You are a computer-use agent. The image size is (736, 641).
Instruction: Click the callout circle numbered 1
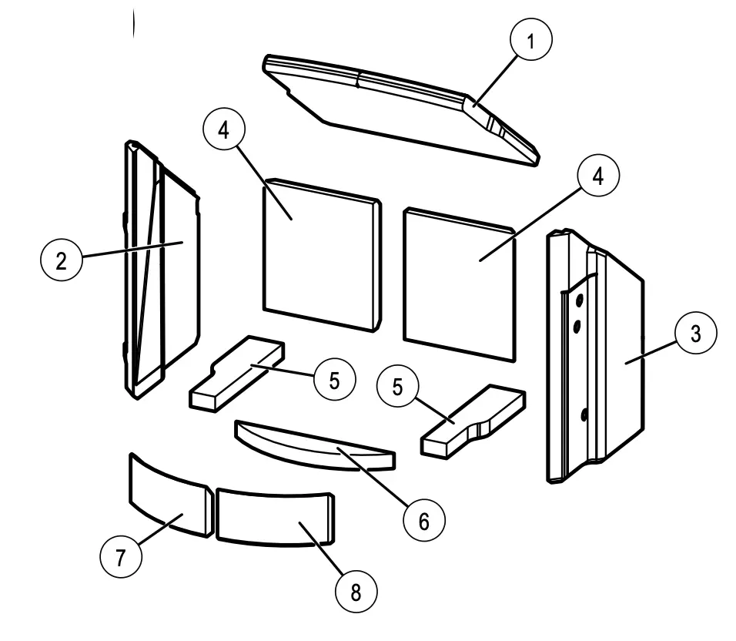[x=530, y=41]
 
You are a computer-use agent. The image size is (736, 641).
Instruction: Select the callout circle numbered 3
[x=694, y=334]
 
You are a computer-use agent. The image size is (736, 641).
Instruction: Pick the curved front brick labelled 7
[x=166, y=497]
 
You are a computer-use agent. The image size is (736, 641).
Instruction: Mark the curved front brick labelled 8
[x=273, y=516]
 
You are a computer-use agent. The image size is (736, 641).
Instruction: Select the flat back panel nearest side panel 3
[x=458, y=285]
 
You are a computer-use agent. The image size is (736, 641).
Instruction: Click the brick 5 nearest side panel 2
[x=235, y=374]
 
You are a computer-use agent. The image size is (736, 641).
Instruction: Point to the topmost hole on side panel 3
[x=577, y=296]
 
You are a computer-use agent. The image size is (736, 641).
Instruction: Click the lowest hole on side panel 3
[x=584, y=416]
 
